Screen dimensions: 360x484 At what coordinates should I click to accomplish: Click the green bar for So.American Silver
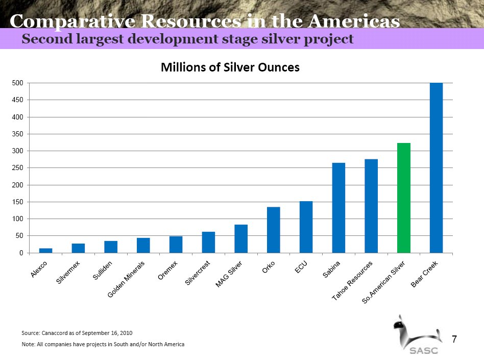point(403,198)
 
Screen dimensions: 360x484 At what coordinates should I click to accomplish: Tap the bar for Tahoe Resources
point(371,206)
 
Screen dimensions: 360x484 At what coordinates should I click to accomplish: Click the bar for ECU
point(306,227)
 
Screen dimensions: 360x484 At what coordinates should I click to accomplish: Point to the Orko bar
point(273,230)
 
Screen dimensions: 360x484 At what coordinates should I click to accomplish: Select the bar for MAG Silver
point(241,238)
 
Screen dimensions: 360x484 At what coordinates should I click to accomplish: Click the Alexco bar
point(46,250)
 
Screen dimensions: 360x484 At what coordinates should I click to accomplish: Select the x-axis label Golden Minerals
point(127,280)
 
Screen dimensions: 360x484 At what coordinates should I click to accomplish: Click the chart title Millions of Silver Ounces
point(230,67)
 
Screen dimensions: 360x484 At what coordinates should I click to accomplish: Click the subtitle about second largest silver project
point(188,39)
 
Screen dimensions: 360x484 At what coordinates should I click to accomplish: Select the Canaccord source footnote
point(77,333)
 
